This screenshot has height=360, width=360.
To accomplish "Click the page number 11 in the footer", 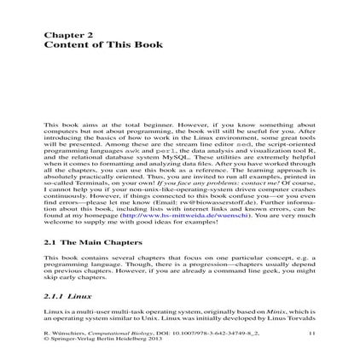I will [x=311, y=322].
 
